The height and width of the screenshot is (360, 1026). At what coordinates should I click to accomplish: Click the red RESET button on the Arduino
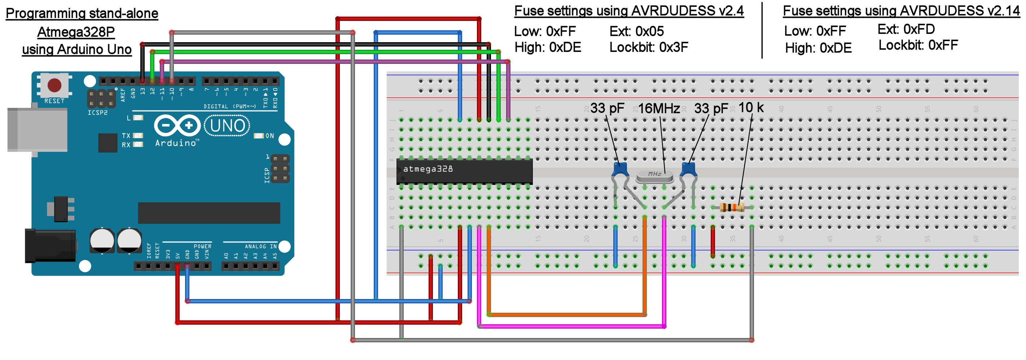(54, 85)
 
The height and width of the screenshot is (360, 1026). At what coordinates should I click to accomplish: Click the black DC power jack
(50, 245)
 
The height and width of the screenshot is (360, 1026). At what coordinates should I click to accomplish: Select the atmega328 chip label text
(428, 169)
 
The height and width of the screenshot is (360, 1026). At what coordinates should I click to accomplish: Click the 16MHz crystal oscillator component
(654, 175)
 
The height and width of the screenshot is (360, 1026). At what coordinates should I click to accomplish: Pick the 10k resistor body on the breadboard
(732, 207)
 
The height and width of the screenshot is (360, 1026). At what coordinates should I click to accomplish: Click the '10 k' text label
(751, 107)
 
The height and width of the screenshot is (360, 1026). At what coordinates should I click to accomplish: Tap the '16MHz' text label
(659, 108)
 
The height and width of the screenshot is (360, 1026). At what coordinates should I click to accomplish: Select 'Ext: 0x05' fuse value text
(636, 31)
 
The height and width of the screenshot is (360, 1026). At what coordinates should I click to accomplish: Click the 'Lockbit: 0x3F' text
(648, 47)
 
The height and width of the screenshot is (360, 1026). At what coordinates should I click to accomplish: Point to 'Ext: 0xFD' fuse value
(906, 29)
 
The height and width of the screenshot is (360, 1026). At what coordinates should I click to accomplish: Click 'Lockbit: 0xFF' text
(918, 45)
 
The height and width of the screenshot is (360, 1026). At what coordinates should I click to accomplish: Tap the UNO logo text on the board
(227, 126)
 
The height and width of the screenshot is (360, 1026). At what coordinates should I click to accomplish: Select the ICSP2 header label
(97, 113)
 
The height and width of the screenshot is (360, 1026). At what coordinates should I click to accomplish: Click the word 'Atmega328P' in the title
(76, 32)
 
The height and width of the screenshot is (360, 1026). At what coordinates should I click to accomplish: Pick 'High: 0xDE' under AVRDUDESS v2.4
(548, 47)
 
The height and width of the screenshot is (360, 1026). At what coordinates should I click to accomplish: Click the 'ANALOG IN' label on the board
(260, 246)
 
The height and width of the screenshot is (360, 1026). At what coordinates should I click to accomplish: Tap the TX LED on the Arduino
(138, 136)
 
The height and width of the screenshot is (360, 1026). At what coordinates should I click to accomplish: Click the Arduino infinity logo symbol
(177, 126)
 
